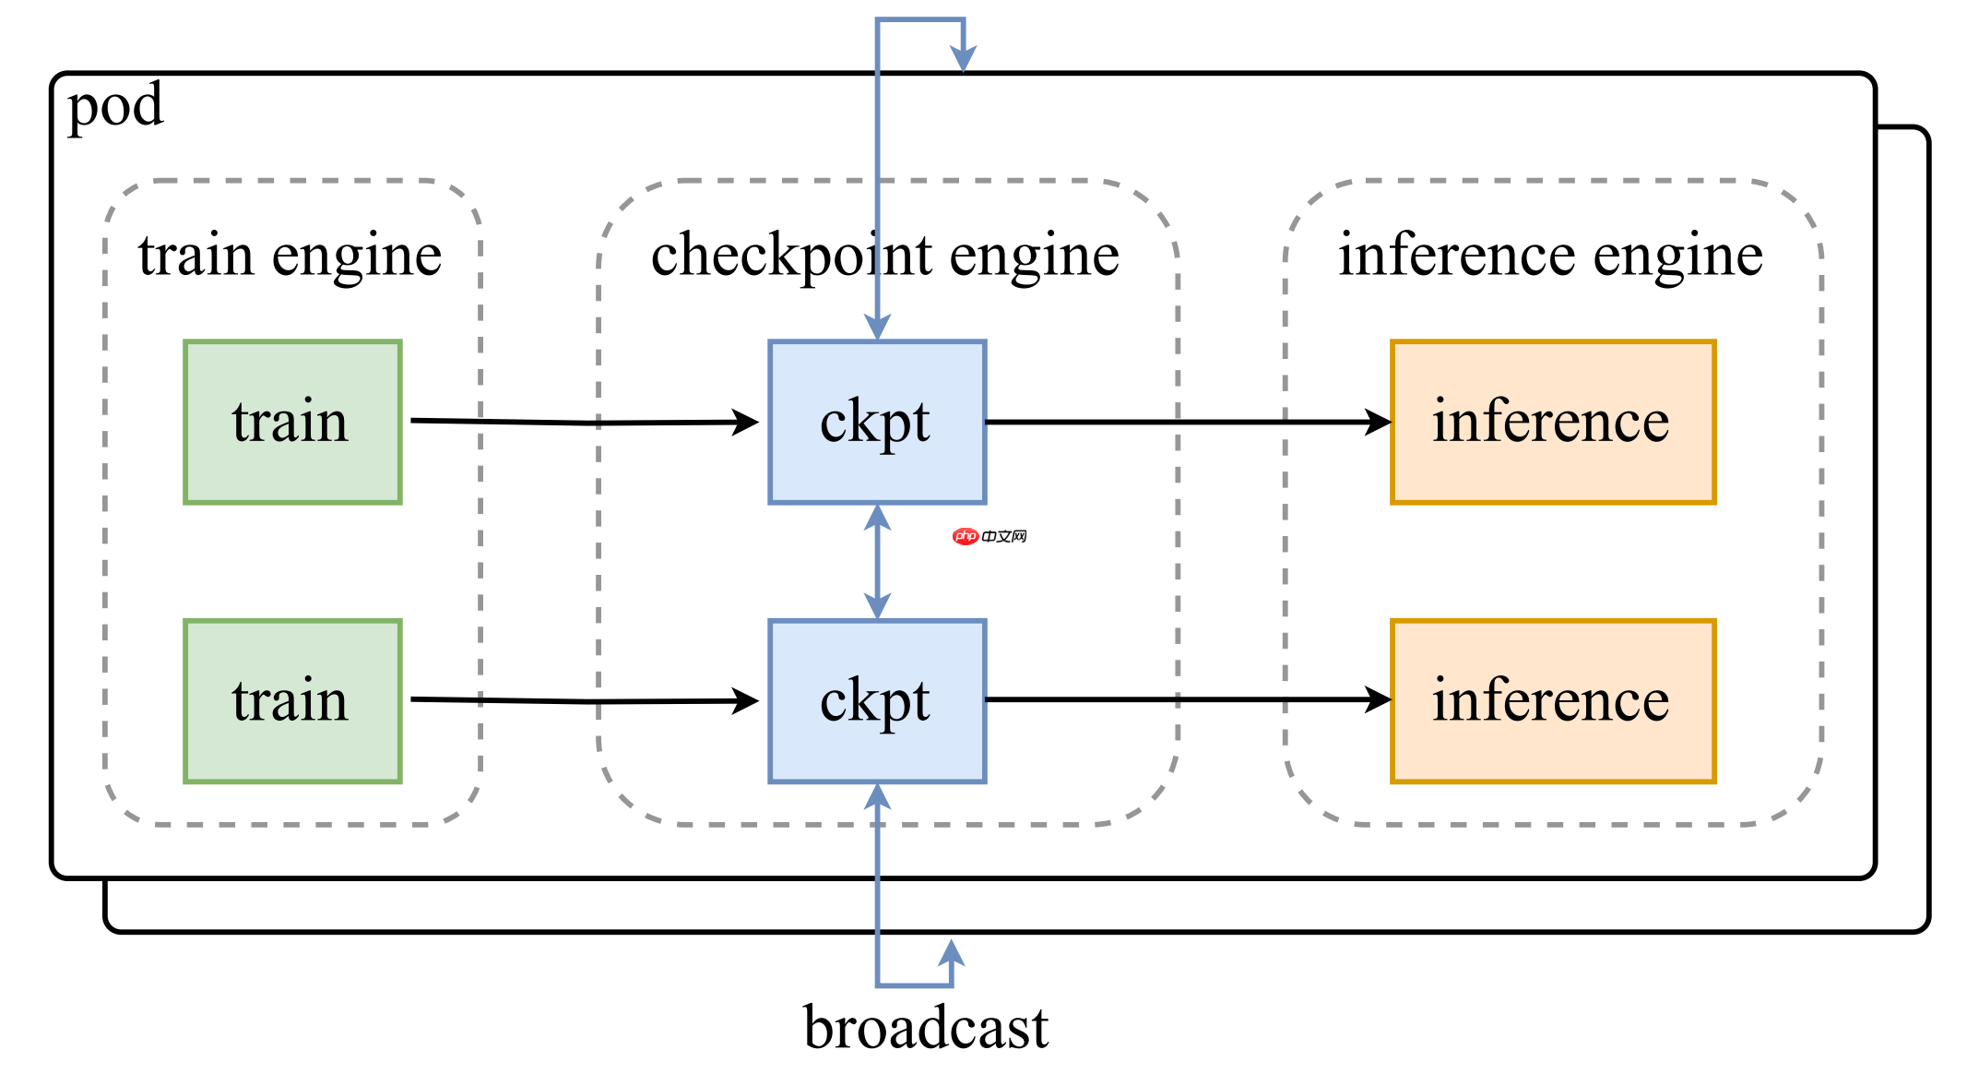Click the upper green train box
coord(292,422)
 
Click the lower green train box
coord(292,701)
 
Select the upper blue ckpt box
coord(877,422)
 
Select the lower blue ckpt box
coord(877,701)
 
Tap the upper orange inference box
coord(1553,422)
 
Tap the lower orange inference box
coord(1553,701)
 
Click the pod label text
coord(115,106)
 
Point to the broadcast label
coord(925,1027)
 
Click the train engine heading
coord(290,256)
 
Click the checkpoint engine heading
coord(885,256)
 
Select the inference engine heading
coord(1551,256)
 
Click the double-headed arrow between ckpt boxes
coord(877,562)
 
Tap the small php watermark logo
coord(989,536)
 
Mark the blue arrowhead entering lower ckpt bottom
coord(877,796)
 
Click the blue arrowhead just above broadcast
coord(952,952)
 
